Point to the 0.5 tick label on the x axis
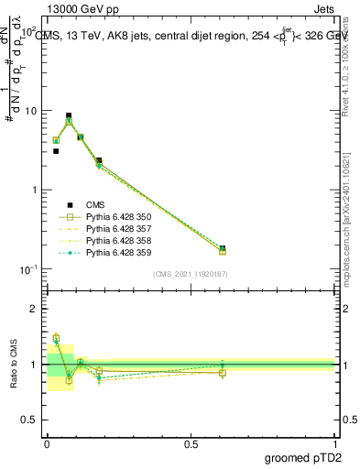(x=191, y=443)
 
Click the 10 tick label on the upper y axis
(x=30, y=111)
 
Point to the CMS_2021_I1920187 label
(x=191, y=274)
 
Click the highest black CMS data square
(x=69, y=115)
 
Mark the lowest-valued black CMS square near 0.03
(x=56, y=151)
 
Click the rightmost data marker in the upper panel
(x=223, y=248)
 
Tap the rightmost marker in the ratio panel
(x=223, y=372)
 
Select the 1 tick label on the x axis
(x=335, y=443)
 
